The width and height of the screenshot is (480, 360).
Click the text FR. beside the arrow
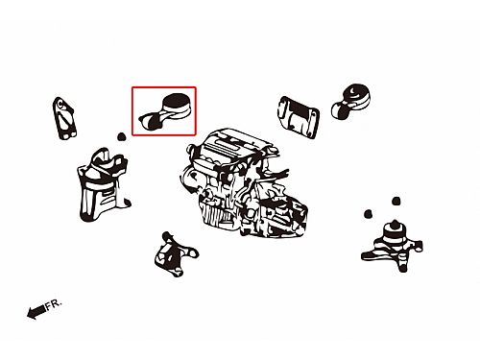pyautogui.click(x=53, y=304)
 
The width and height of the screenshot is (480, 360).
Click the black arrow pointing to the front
pyautogui.click(x=36, y=312)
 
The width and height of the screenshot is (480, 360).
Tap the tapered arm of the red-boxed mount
pyautogui.click(x=153, y=120)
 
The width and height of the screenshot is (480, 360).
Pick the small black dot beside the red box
pyautogui.click(x=121, y=137)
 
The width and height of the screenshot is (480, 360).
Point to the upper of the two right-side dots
pyautogui.click(x=396, y=201)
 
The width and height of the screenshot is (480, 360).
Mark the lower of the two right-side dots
pyautogui.click(x=368, y=213)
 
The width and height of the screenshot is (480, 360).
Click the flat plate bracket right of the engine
pyautogui.click(x=299, y=117)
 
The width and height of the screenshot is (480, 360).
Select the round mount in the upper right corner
pyautogui.click(x=351, y=101)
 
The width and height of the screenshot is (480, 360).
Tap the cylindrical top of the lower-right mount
pyautogui.click(x=395, y=233)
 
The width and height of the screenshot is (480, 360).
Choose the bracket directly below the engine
pyautogui.click(x=175, y=254)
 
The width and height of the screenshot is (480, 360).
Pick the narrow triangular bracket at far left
pyautogui.click(x=64, y=118)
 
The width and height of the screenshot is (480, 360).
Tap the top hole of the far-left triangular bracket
pyautogui.click(x=60, y=104)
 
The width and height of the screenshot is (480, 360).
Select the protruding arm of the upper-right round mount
pyautogui.click(x=340, y=109)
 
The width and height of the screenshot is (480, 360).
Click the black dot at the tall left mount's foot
pyautogui.click(x=128, y=203)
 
